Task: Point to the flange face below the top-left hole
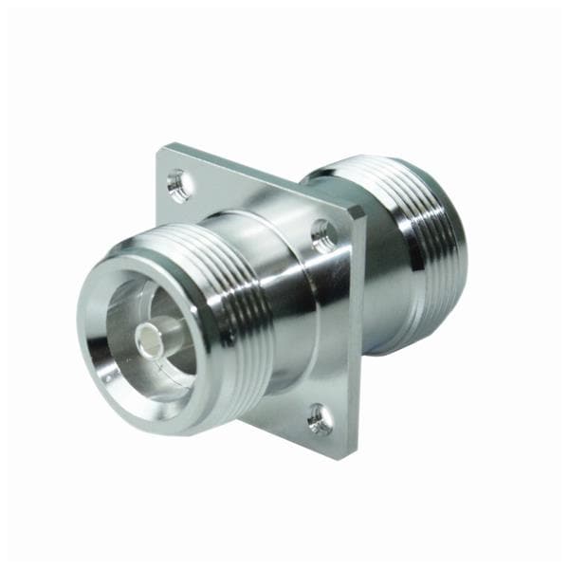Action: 180,213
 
